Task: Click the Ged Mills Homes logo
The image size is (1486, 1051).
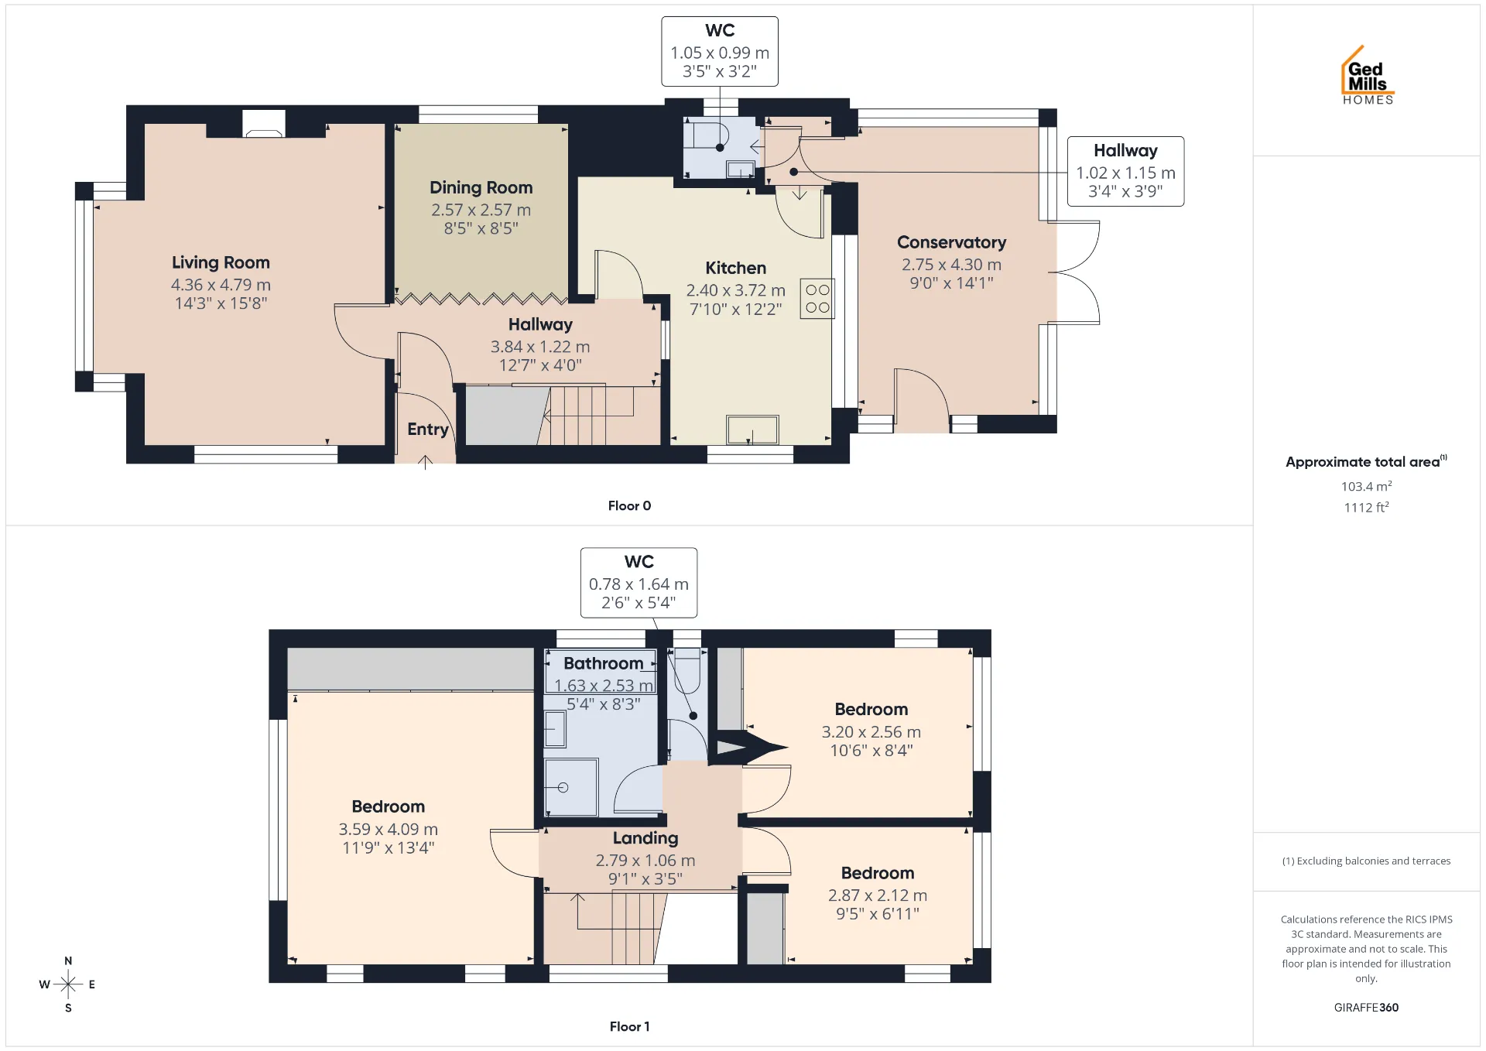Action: [x=1368, y=75]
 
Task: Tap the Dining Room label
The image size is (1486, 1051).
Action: [x=481, y=187]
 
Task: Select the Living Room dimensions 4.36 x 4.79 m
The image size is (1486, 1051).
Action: [x=221, y=285]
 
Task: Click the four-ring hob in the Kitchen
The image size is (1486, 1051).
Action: [x=817, y=299]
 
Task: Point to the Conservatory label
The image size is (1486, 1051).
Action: [x=951, y=242]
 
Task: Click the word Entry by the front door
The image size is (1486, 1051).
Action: [x=428, y=430]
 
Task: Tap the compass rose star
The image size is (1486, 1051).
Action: [x=68, y=984]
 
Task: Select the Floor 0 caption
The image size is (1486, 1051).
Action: [x=629, y=505]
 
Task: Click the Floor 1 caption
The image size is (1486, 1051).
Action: [x=629, y=1026]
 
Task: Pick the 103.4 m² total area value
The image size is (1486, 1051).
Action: [x=1366, y=486]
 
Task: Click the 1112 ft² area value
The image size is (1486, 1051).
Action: [x=1366, y=507]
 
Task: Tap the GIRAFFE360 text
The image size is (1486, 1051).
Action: [x=1366, y=1007]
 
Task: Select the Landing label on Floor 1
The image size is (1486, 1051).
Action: [x=645, y=838]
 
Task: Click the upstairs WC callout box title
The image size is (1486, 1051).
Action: [x=639, y=562]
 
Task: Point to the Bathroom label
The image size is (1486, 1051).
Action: [x=603, y=663]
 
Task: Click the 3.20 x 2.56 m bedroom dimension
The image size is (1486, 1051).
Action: [x=871, y=731]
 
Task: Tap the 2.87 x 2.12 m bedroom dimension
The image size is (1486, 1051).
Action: [x=878, y=895]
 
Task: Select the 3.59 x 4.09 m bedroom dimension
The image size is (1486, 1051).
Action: [x=389, y=829]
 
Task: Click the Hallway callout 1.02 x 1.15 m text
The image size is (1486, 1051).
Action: [x=1125, y=173]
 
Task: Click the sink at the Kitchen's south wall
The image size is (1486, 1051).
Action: [x=752, y=430]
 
